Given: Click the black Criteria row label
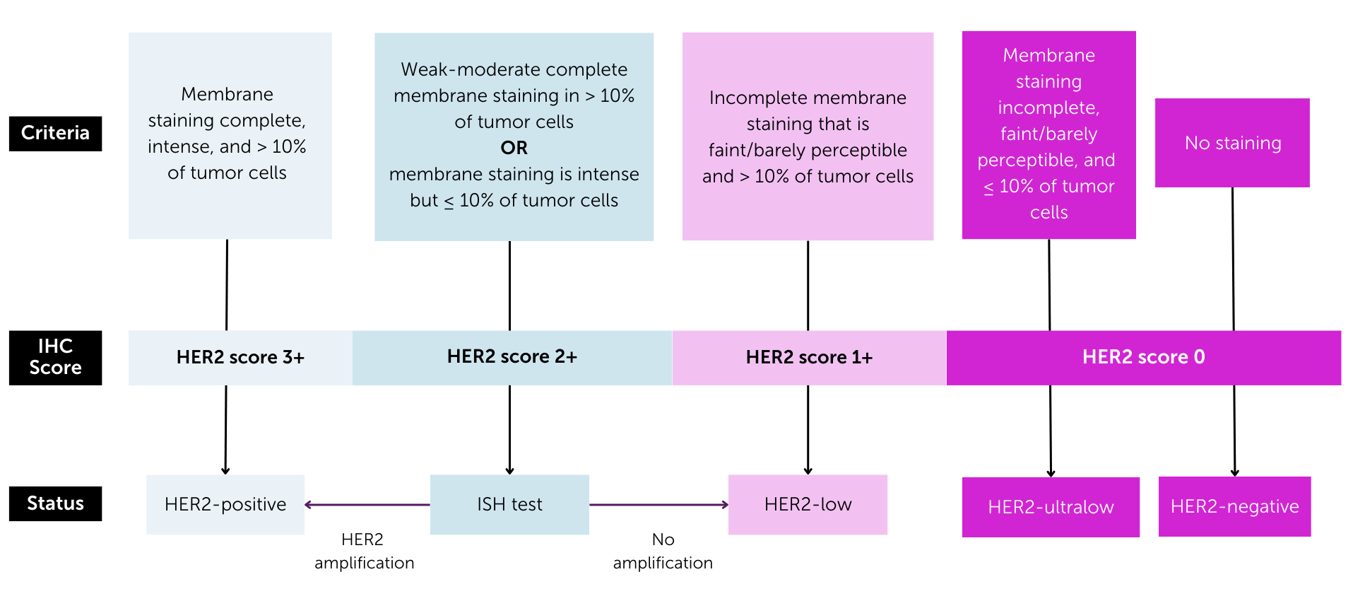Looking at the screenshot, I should (55, 134).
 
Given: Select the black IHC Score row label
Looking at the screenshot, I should (55, 358).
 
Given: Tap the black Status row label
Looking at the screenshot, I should (55, 503).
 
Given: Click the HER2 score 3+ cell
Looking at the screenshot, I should (240, 358).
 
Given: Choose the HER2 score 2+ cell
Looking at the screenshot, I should (512, 357).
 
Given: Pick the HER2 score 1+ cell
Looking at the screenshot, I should (809, 358).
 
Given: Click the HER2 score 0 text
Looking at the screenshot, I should (1143, 357).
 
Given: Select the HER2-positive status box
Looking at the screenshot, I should (225, 504).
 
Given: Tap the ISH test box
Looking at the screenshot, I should (509, 504).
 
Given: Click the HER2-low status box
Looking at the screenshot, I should (808, 504).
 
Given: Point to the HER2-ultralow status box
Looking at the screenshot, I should (1051, 507).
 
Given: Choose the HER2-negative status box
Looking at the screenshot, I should (1234, 506).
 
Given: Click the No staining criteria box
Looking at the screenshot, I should (1232, 143).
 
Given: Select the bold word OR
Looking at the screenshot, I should (514, 148).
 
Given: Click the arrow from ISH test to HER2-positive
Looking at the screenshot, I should (367, 505).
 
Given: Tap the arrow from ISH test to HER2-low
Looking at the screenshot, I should (658, 505).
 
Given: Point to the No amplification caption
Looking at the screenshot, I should (663, 552).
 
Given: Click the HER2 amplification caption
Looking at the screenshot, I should (364, 552).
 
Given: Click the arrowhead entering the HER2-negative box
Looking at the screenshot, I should (1234, 472).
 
